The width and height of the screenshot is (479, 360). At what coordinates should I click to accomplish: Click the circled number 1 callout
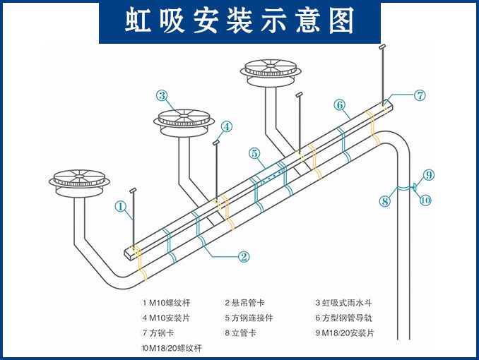click(121, 207)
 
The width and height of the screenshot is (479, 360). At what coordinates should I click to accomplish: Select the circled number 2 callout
click(244, 256)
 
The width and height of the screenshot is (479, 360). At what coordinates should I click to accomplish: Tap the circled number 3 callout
click(162, 95)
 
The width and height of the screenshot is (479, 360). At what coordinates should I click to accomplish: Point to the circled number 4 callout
click(227, 126)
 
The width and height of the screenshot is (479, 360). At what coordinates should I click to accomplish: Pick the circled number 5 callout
click(254, 153)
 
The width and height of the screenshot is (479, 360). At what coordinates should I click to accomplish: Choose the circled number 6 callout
click(340, 104)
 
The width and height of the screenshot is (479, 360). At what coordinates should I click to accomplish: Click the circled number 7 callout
click(420, 95)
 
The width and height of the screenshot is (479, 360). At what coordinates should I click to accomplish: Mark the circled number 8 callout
click(385, 201)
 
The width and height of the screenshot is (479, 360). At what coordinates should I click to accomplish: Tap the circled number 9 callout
click(429, 175)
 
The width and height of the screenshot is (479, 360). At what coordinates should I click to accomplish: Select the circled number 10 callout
click(425, 200)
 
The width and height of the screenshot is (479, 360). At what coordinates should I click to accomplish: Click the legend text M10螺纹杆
click(170, 303)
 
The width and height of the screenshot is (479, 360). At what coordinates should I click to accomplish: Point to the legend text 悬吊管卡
click(248, 303)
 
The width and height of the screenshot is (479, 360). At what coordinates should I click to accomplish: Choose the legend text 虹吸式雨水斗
click(347, 303)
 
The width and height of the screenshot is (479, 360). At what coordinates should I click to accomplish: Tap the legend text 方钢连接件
click(252, 318)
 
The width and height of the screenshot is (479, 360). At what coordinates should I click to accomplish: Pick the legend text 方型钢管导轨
click(347, 318)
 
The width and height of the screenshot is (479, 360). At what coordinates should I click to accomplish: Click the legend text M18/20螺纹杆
click(175, 348)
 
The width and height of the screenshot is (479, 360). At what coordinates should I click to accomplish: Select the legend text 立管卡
click(244, 333)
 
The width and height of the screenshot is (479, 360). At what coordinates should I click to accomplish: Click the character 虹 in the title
click(138, 20)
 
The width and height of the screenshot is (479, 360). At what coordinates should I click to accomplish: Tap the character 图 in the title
click(341, 20)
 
